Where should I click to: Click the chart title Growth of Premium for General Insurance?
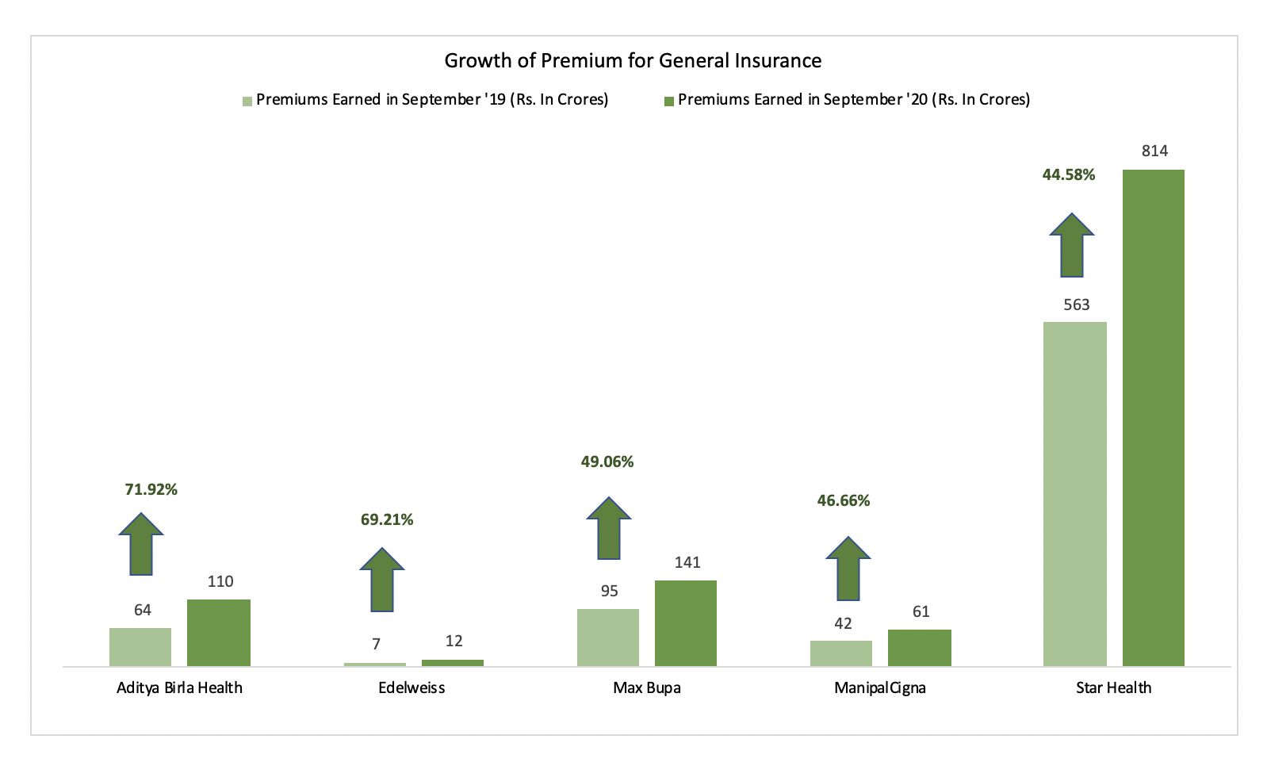click(633, 61)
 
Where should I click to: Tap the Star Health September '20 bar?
click(1153, 417)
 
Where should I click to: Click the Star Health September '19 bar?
click(1074, 493)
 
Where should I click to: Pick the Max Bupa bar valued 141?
click(685, 622)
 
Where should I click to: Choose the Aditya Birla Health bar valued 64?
click(140, 646)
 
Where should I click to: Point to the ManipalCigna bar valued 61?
click(919, 647)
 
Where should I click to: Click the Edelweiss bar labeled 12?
click(452, 662)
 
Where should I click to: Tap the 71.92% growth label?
click(151, 490)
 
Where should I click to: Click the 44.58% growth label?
click(1068, 175)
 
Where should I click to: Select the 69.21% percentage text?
click(387, 520)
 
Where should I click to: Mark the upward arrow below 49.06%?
click(609, 528)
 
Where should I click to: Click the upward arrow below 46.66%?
click(848, 569)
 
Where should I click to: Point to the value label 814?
click(1154, 151)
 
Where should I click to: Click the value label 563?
click(1076, 305)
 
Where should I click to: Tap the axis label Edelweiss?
click(411, 688)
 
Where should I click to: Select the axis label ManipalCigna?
click(879, 688)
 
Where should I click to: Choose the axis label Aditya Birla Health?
click(179, 688)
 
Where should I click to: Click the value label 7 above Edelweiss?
click(376, 645)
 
